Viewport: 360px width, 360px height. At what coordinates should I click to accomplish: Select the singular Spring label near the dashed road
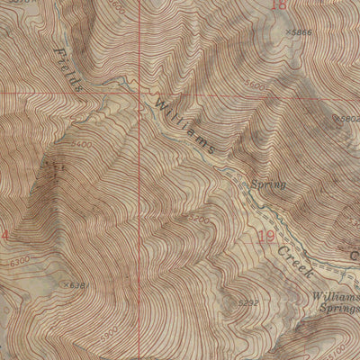click(x=268, y=184)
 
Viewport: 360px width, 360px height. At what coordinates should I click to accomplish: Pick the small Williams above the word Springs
click(x=337, y=294)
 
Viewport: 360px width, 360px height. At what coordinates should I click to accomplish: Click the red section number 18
click(x=278, y=4)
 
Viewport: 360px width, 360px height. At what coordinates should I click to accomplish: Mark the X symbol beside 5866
click(x=288, y=31)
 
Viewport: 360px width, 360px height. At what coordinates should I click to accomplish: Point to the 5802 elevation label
click(x=349, y=118)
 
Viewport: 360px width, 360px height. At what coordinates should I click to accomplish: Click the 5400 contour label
click(x=81, y=143)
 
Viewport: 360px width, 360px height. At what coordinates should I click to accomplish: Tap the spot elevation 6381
click(x=79, y=285)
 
